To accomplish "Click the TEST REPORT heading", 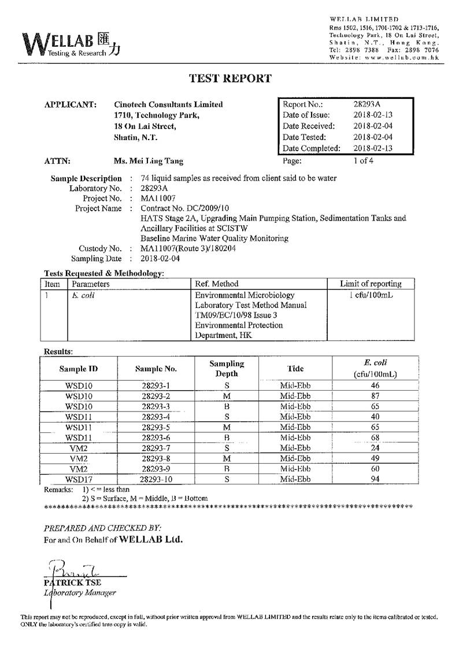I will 230,79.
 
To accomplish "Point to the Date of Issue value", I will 372,115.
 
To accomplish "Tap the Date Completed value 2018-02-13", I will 372,148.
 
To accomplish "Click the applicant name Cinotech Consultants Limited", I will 168,105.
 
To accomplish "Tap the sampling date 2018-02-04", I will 160,259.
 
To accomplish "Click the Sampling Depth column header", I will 226,368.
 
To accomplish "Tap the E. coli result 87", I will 375,396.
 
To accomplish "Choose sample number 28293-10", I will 156,479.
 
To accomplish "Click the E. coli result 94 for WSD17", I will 375,479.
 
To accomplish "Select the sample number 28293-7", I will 156,448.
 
